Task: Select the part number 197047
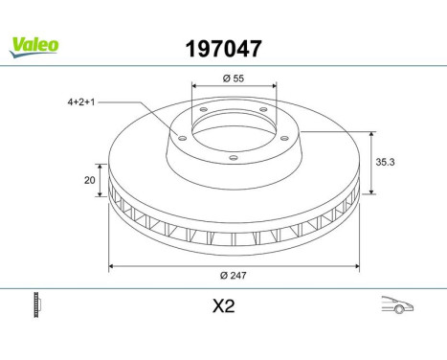coord(223,46)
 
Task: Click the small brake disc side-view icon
coord(39,307)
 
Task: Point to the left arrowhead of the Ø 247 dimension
coord(111,264)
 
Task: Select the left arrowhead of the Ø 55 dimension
coord(194,85)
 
